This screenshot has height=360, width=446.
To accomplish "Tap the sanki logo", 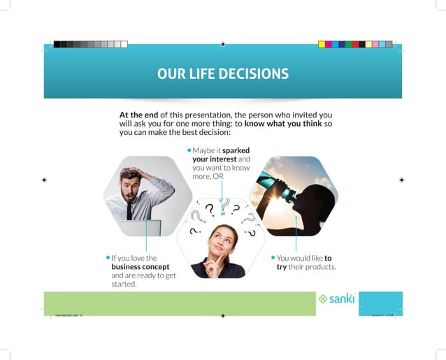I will [337, 298].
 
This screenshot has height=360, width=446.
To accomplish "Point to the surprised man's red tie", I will [129, 209].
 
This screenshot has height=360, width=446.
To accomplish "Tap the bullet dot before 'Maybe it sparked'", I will [189, 150].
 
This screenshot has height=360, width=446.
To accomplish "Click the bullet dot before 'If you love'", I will [108, 258].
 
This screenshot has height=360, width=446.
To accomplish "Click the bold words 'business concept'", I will [140, 267].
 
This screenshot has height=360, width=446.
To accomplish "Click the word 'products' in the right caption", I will [322, 267].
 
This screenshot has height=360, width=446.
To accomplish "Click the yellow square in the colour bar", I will [322, 44].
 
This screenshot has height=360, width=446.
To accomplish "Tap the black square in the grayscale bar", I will [57, 44].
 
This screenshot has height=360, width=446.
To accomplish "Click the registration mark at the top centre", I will [222, 44].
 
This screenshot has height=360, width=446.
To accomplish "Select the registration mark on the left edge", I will [44, 180].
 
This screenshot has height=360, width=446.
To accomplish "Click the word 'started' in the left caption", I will [124, 285].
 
